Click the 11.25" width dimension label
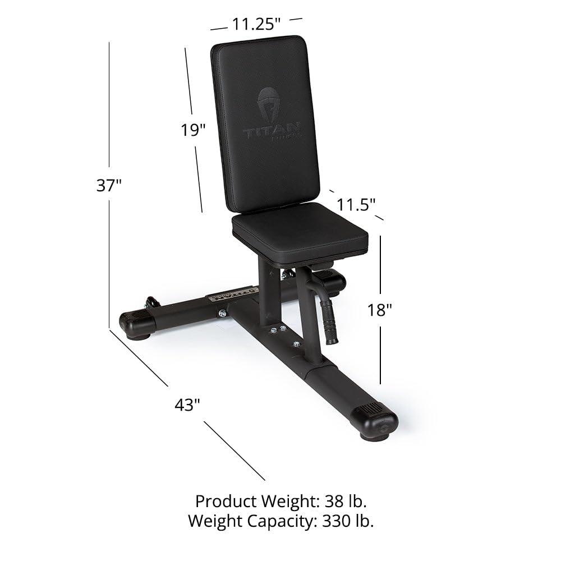256,24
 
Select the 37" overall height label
109,185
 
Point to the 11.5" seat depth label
356,204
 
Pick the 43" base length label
187,404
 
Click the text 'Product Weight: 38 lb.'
281,500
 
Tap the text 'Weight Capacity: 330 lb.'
281,521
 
